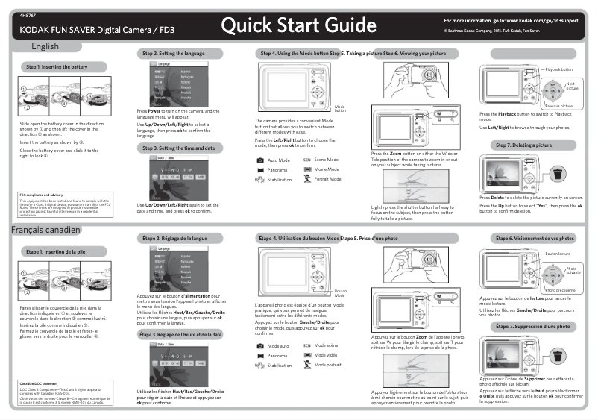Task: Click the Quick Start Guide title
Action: [x=298, y=27]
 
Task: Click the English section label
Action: [x=45, y=47]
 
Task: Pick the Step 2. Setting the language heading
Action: [x=173, y=54]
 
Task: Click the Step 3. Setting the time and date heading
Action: [x=179, y=148]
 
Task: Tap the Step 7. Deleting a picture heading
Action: [x=534, y=145]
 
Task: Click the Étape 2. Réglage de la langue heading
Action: [x=174, y=238]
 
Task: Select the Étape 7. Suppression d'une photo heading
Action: [x=534, y=327]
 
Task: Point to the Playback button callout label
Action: [x=564, y=69]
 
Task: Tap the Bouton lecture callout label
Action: [x=558, y=254]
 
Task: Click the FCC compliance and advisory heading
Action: [x=41, y=195]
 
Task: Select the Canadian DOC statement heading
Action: [x=39, y=384]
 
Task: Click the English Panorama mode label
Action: [x=277, y=170]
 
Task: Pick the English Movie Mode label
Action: [x=327, y=169]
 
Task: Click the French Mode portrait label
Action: [x=328, y=365]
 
